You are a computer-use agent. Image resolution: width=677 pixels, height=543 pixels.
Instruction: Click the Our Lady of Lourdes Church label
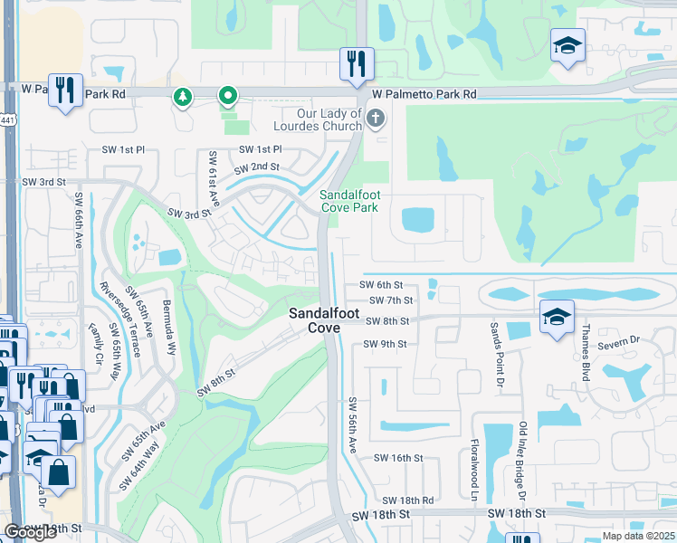tap(323, 119)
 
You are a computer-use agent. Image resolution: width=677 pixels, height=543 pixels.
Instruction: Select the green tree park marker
tap(183, 96)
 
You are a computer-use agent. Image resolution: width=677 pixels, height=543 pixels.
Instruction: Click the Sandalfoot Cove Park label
tap(348, 201)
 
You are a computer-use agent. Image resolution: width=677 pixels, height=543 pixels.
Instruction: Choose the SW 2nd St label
tap(256, 167)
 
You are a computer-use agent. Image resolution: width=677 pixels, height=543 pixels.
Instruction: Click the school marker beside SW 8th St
tap(558, 316)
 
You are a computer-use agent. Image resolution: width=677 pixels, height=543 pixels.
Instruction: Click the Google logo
tap(31, 532)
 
